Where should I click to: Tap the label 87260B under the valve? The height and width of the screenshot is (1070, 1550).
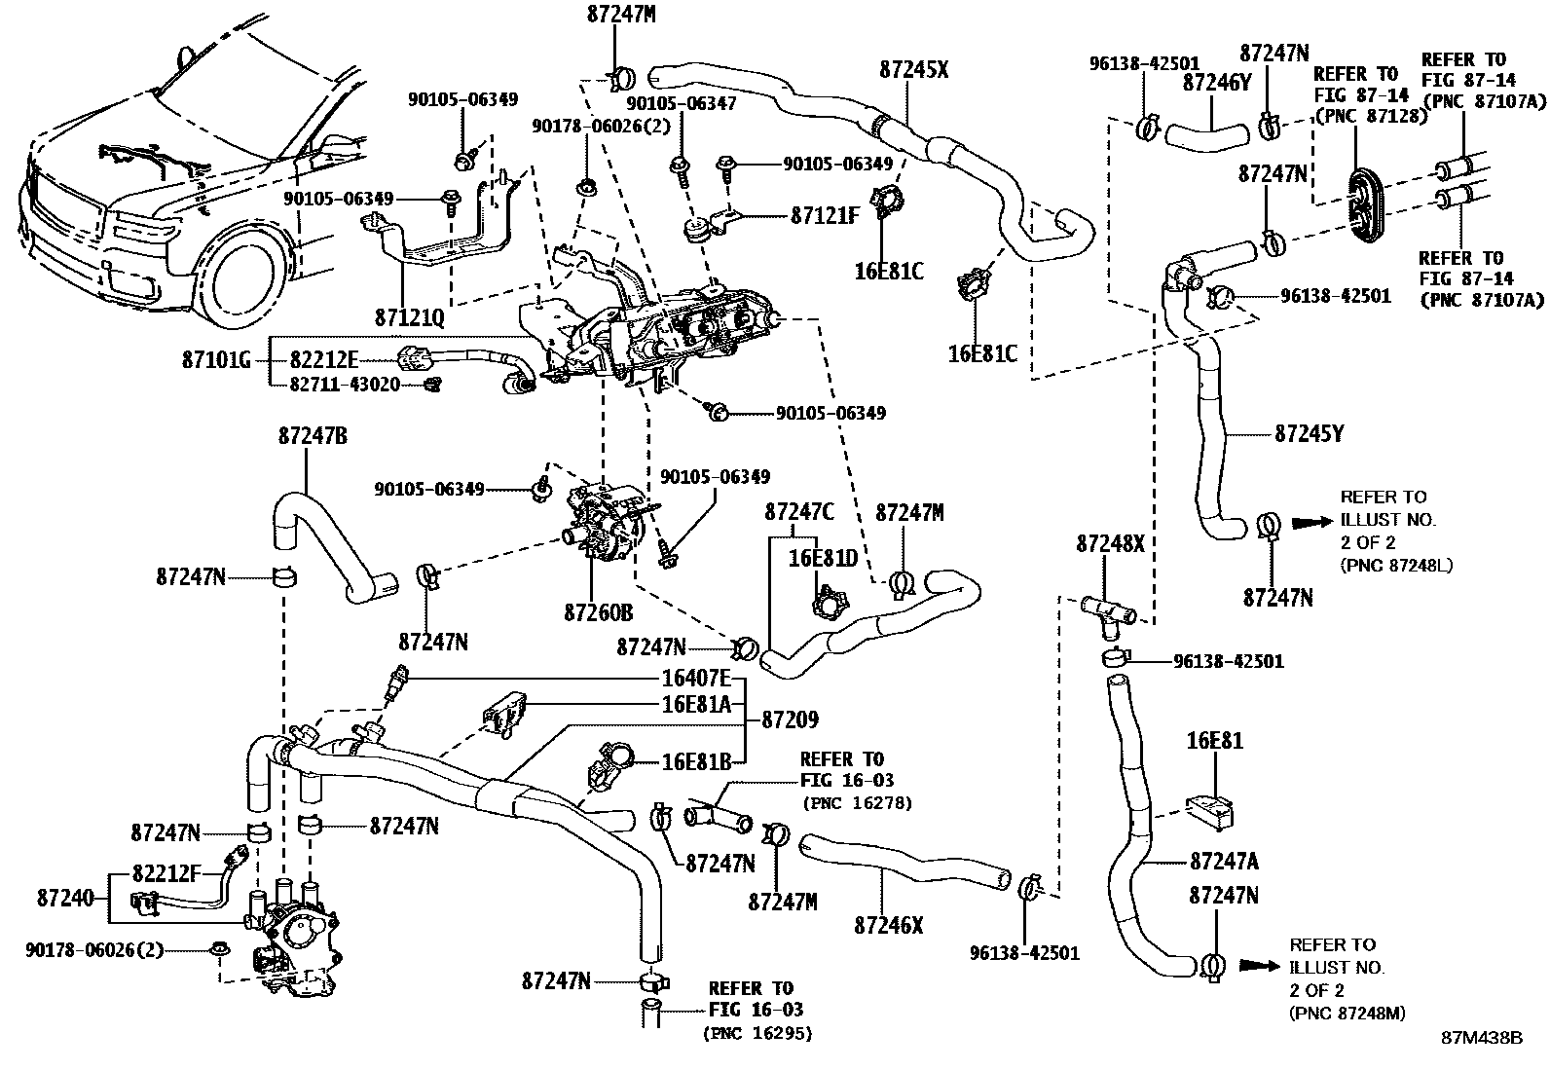click(x=598, y=613)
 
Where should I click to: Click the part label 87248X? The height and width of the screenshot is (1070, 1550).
click(x=1110, y=543)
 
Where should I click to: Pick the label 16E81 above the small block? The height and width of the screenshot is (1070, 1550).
click(x=1214, y=742)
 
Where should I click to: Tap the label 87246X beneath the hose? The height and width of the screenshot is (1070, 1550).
click(x=888, y=925)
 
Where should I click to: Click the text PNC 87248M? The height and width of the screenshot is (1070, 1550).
click(x=1347, y=1014)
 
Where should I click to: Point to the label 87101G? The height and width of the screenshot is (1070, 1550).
click(x=216, y=361)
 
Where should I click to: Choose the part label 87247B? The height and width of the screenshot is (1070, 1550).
click(x=312, y=436)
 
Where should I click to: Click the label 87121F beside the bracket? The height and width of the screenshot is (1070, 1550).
click(x=825, y=215)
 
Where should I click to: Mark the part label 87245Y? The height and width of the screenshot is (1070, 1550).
click(x=1310, y=433)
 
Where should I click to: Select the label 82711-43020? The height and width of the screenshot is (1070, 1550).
click(x=345, y=385)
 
